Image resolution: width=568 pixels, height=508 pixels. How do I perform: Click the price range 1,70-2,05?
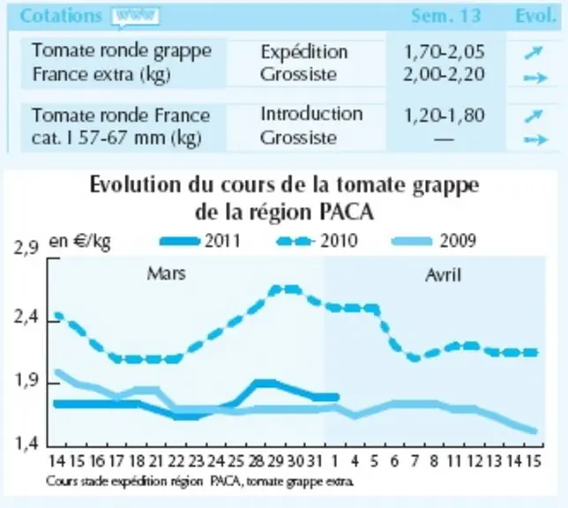(x=444, y=52)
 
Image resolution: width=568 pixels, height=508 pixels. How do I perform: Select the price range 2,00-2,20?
(x=444, y=75)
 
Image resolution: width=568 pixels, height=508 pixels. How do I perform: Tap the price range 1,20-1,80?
(x=444, y=116)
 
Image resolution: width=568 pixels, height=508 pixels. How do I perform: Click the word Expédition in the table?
(x=304, y=52)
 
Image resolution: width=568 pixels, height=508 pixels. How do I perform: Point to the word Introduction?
(x=311, y=114)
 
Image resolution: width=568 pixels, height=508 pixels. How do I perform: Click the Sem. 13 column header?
(x=446, y=16)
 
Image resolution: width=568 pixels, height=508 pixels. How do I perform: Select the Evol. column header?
(x=535, y=16)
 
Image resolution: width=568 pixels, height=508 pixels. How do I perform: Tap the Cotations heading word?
(x=61, y=16)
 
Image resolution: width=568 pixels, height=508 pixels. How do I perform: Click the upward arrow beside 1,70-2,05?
(x=534, y=53)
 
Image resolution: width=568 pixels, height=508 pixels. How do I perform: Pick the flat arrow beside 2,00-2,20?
(x=535, y=78)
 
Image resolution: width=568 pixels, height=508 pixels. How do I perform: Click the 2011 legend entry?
(x=200, y=241)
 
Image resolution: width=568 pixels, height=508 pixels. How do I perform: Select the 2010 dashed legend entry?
(x=318, y=241)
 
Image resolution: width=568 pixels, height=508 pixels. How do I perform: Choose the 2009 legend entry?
(x=434, y=241)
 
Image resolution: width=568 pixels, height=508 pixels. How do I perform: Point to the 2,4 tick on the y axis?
(x=26, y=317)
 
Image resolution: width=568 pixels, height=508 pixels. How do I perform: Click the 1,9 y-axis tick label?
(x=26, y=381)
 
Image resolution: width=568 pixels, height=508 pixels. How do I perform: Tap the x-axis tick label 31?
(x=315, y=461)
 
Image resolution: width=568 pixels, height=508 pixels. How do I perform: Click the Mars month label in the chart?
(x=167, y=273)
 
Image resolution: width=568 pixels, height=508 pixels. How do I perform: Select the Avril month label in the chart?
(x=444, y=275)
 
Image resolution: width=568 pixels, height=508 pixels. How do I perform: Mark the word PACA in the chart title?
(x=347, y=212)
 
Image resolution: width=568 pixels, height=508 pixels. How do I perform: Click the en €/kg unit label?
(x=79, y=242)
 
